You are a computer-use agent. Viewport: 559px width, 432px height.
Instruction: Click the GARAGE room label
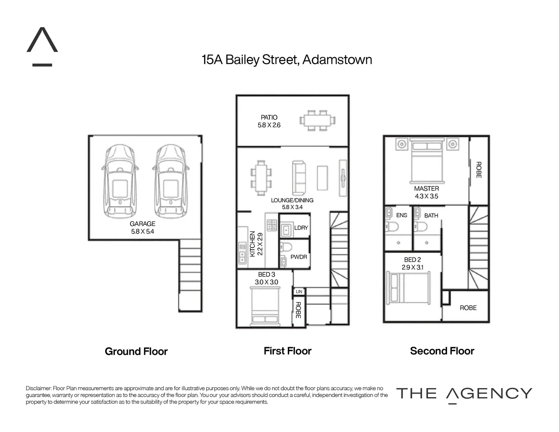(142, 224)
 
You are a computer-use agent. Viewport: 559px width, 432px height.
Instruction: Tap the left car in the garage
(120, 181)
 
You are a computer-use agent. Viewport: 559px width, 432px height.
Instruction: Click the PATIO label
(269, 118)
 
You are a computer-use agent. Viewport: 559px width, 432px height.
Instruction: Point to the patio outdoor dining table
(317, 120)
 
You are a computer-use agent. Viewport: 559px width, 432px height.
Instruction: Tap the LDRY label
(301, 228)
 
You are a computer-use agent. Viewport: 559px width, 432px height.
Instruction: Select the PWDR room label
(299, 257)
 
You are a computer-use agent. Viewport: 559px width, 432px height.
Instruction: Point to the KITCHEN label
(252, 244)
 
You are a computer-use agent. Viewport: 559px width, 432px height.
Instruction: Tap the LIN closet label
(299, 292)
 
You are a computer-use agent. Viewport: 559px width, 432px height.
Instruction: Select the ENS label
(401, 215)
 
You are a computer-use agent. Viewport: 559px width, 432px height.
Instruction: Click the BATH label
(431, 216)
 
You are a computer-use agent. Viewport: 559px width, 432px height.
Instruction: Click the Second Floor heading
(442, 351)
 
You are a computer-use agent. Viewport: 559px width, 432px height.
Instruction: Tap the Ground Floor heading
(136, 352)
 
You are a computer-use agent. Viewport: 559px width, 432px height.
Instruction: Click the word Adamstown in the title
(337, 60)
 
